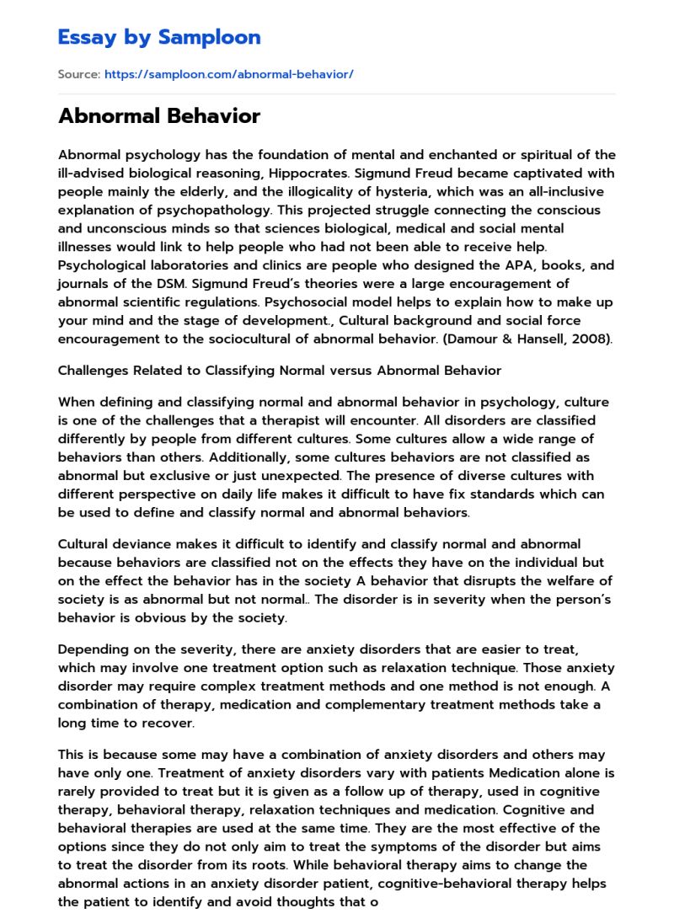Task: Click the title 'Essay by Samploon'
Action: (x=159, y=37)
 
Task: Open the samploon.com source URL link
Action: (x=228, y=74)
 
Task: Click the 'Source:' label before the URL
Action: (x=78, y=74)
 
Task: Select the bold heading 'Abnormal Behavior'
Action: (x=159, y=116)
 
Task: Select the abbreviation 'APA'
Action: (x=505, y=264)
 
